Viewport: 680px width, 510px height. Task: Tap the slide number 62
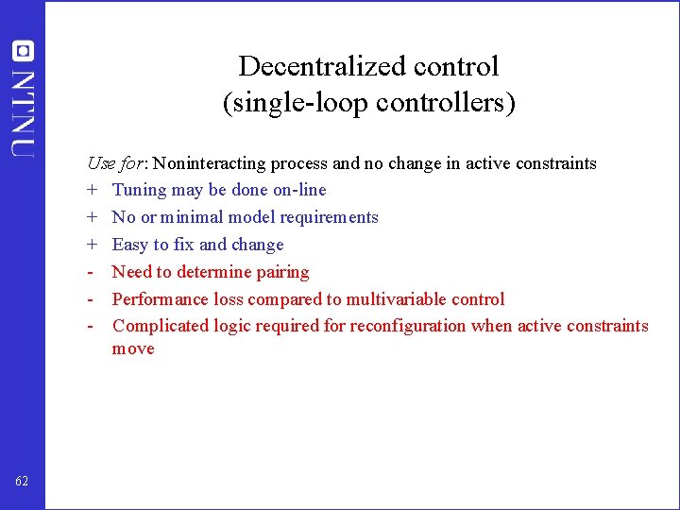click(23, 482)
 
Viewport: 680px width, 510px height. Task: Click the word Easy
click(131, 245)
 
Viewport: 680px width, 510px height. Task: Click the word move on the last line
click(133, 349)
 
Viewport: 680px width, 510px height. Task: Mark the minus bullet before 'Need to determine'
click(91, 272)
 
